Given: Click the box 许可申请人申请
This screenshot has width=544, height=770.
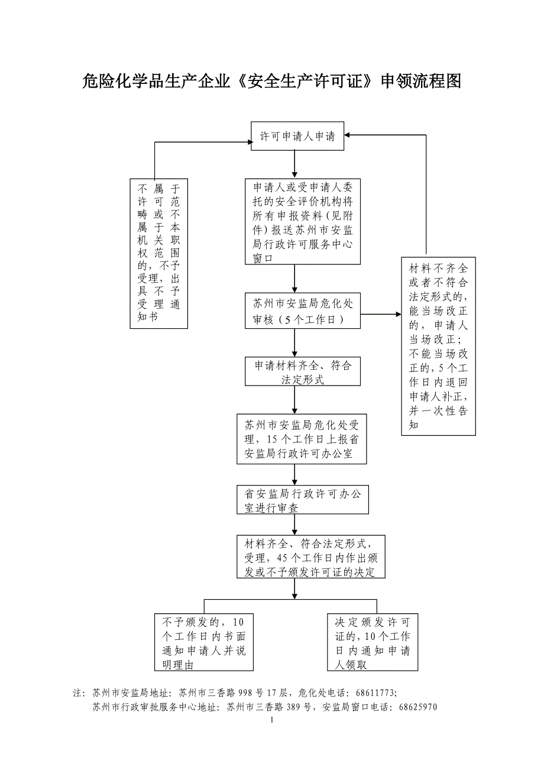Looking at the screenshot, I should click(x=297, y=137).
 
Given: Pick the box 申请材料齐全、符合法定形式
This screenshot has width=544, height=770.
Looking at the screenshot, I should click(x=303, y=371).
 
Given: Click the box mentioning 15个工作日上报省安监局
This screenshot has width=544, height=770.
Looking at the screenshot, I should click(x=302, y=439).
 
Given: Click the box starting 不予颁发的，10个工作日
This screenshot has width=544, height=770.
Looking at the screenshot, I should click(x=203, y=643).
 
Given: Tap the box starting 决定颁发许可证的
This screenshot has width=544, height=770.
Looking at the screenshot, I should click(x=373, y=643).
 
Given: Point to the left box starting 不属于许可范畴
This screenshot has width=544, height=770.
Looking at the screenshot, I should click(x=159, y=253).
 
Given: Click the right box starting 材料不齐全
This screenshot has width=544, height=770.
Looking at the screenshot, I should click(x=438, y=346).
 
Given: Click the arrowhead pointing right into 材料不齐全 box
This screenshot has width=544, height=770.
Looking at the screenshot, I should click(x=397, y=314).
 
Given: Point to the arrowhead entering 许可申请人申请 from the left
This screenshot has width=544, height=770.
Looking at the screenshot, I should click(x=248, y=142).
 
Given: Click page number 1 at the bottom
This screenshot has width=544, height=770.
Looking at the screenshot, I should click(x=271, y=721).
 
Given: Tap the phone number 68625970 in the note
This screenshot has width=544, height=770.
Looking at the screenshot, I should click(x=418, y=707).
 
